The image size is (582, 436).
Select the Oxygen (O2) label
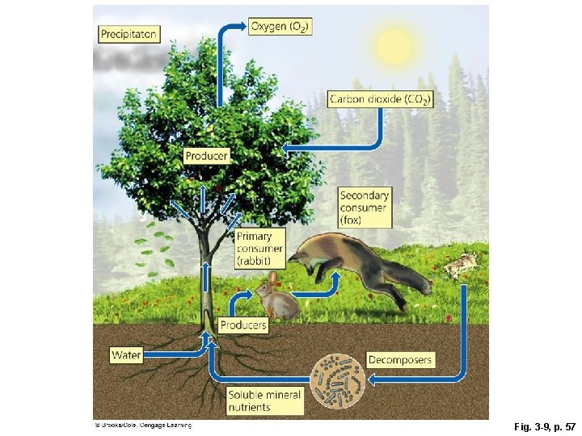coord(280,27)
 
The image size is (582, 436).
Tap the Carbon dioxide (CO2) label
coord(380,99)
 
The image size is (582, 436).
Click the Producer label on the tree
coord(206,155)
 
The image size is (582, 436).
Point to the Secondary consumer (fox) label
coord(365,208)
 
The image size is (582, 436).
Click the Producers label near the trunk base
coord(242,325)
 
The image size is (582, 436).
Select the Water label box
coord(127,354)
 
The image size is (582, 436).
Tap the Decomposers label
coord(400,359)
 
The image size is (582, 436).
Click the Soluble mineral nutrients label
coord(264,400)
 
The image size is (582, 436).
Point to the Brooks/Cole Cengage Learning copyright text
coord(142,424)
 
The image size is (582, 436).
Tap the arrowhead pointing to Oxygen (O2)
coord(242,27)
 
